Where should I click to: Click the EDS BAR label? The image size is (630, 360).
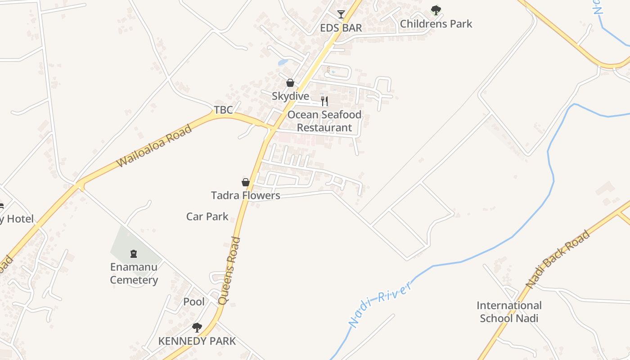point(341,28)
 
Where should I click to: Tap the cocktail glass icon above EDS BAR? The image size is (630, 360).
point(341,14)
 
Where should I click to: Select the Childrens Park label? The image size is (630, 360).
point(436,24)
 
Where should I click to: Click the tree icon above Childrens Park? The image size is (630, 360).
point(436,10)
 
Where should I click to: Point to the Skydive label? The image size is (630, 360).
point(290,96)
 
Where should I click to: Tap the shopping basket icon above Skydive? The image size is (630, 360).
point(290,83)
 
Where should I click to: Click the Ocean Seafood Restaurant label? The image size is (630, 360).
point(324,121)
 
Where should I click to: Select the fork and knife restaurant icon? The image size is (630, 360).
point(324,101)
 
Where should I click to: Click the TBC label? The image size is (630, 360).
point(223,110)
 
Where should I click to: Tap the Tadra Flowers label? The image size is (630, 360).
point(246,195)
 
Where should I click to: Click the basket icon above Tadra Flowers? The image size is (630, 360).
point(246,182)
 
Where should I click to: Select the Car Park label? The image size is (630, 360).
point(207,216)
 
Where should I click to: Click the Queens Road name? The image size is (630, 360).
point(229,271)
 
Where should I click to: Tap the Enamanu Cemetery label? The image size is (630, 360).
point(134,274)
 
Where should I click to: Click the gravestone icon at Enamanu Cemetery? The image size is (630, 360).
point(134,254)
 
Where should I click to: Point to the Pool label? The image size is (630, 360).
point(194,301)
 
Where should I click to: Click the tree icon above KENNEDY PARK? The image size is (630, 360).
point(197,327)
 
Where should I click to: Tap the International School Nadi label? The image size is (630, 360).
point(509,312)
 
